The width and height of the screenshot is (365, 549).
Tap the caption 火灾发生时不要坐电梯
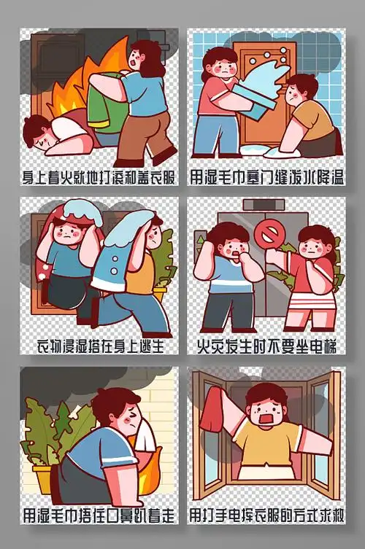pyautogui.click(x=266, y=345)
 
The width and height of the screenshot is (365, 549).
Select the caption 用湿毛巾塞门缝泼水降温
pyautogui.click(x=266, y=176)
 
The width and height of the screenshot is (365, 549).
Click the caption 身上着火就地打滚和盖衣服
pyautogui.click(x=99, y=176)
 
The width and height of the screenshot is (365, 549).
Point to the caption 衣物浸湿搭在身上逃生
pyautogui.click(x=99, y=345)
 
